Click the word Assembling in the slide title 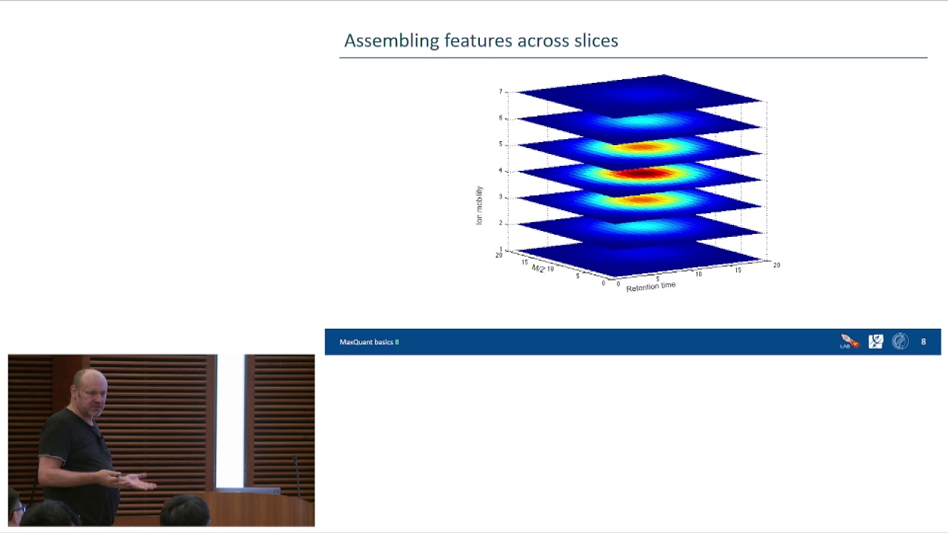[392, 41]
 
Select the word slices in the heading [595, 41]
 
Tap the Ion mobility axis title [479, 205]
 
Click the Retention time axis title [650, 286]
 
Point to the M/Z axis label [538, 268]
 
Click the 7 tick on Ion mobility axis [501, 92]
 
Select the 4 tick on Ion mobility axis [501, 171]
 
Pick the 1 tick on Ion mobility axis [501, 249]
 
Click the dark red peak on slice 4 [641, 174]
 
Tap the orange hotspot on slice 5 [641, 147]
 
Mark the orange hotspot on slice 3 [641, 200]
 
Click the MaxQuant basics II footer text [369, 342]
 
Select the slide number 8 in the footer [923, 342]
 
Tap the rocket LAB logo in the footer [849, 342]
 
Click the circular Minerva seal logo [900, 341]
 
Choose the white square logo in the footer [875, 341]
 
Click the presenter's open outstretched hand [141, 483]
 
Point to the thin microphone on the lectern [296, 474]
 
